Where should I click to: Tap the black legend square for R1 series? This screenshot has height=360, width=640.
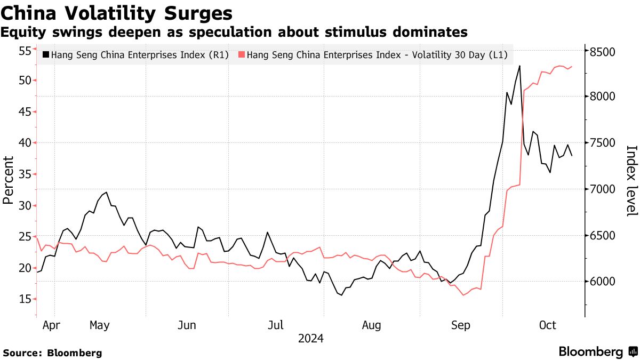46,54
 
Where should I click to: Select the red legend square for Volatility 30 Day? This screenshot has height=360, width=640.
242,54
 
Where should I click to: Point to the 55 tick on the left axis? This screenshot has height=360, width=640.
25,51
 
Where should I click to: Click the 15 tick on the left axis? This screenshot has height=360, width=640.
25,299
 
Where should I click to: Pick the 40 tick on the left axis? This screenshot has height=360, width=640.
25,143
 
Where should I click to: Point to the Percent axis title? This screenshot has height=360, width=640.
8,180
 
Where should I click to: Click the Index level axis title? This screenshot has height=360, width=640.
631,180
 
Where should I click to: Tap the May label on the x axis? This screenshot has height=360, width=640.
99,325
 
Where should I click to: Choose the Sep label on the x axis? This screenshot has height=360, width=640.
460,325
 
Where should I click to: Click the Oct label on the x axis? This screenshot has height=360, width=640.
548,325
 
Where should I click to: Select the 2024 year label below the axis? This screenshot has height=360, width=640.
310,338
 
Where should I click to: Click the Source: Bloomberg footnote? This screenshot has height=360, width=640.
52,353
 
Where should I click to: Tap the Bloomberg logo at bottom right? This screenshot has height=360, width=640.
597,352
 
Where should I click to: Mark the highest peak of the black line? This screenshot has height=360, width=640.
519,66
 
